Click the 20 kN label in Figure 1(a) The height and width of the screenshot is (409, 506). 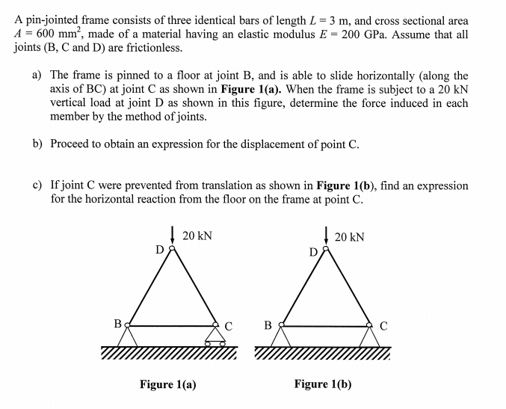(197, 236)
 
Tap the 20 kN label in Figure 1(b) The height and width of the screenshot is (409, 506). (351, 238)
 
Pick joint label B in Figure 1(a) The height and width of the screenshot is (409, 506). (117, 325)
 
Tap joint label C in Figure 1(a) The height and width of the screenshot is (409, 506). (229, 326)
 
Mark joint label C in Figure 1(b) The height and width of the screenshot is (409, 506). (383, 326)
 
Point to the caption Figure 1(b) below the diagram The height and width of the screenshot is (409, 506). (323, 384)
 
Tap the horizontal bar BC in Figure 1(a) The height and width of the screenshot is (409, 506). (172, 325)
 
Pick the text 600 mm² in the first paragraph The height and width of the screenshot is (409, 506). (51, 34)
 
